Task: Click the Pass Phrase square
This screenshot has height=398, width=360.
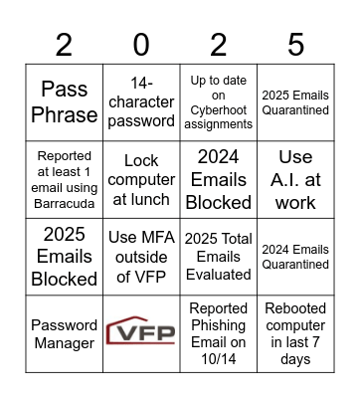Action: coord(64,102)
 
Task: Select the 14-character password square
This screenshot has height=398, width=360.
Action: coord(141,102)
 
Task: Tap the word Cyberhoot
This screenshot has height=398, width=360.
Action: coord(219,109)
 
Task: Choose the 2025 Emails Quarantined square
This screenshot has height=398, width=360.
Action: coord(295,102)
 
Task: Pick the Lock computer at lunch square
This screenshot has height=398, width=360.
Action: coord(141,179)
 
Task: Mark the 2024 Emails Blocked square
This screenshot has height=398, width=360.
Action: coord(219,179)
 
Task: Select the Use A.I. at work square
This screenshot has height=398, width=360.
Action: coord(295,179)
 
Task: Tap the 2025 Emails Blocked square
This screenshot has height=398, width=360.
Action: coord(64,257)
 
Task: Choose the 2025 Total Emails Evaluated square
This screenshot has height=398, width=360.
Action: coord(219,257)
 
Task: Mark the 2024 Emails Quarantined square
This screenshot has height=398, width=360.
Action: coord(295,257)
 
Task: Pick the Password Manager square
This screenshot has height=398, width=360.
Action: coord(64,334)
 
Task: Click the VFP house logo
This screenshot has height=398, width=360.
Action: coord(141,331)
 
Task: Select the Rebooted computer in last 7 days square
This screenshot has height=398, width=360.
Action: coord(295,334)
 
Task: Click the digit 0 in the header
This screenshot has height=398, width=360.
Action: coord(141,45)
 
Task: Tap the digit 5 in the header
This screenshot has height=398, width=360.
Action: coord(295,45)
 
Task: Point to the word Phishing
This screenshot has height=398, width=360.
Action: coord(219,325)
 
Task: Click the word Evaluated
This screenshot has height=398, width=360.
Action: coord(219,274)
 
